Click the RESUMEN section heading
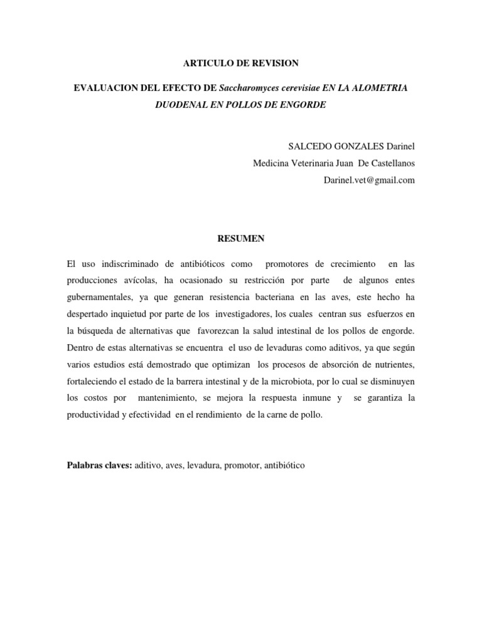pos(240,239)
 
